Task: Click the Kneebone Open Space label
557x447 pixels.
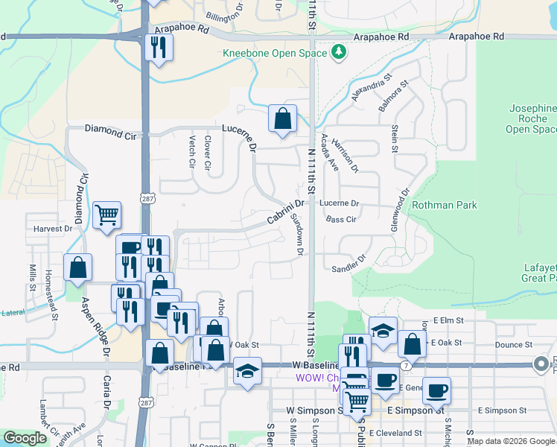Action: [275, 53]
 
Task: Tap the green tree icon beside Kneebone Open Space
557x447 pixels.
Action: [340, 52]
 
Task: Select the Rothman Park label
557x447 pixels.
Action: [444, 204]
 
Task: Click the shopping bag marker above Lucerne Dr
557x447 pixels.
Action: [282, 118]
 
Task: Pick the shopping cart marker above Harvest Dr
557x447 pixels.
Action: [106, 215]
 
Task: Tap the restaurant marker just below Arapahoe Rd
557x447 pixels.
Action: [158, 48]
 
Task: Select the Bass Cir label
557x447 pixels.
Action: [341, 220]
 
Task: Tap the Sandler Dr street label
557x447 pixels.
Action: [350, 264]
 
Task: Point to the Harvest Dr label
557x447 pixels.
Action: [52, 229]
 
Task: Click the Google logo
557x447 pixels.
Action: [25, 439]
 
